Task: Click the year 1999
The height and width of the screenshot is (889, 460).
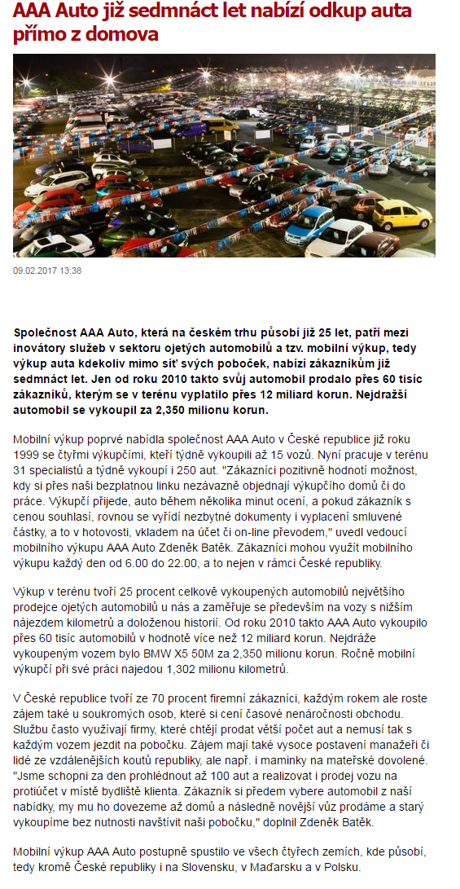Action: pos(28,456)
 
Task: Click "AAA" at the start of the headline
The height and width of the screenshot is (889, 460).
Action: pos(33,11)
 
